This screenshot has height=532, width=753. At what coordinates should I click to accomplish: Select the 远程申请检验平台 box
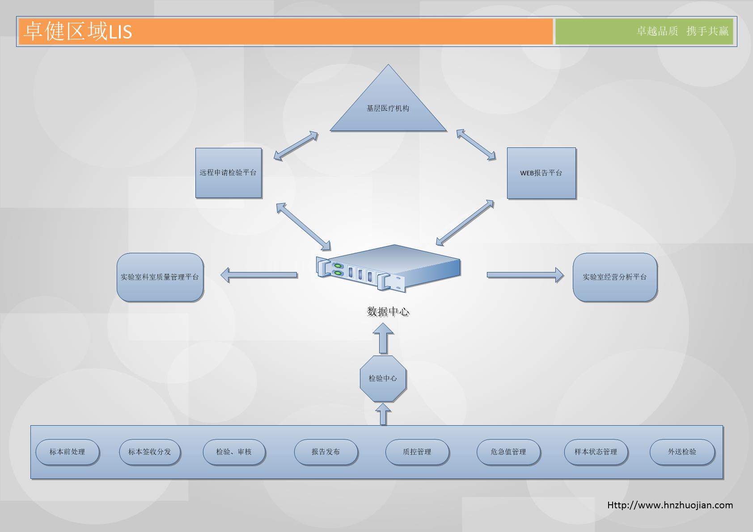(x=228, y=173)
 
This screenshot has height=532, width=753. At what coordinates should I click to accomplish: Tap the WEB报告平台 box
(x=541, y=173)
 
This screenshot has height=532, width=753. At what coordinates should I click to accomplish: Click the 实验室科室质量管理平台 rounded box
(x=160, y=277)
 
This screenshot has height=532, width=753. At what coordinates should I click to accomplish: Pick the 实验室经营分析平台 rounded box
(x=615, y=277)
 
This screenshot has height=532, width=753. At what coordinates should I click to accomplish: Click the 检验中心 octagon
(x=383, y=378)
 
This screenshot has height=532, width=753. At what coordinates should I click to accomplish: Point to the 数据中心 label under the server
(x=388, y=312)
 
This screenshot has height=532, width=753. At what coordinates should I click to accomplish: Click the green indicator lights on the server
(x=338, y=269)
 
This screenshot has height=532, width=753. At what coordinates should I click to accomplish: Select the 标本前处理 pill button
(x=67, y=452)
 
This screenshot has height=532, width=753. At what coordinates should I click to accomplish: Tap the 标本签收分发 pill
(x=150, y=452)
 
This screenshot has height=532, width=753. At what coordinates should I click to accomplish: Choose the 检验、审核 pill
(x=234, y=452)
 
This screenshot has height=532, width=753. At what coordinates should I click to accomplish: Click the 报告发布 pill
(x=326, y=452)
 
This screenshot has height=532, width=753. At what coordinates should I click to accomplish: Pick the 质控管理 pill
(x=417, y=452)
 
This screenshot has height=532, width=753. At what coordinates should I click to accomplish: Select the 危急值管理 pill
(x=508, y=452)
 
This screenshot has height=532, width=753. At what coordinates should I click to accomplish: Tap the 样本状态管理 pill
(x=596, y=452)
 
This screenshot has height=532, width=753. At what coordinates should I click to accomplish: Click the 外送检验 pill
(x=682, y=452)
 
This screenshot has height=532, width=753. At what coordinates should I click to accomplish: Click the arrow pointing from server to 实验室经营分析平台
(x=525, y=275)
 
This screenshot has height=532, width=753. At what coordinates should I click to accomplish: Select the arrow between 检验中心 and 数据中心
(x=383, y=338)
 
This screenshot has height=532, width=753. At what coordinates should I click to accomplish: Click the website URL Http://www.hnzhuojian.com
(x=670, y=505)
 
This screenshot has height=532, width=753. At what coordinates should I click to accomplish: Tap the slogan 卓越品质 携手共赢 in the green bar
(x=682, y=31)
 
